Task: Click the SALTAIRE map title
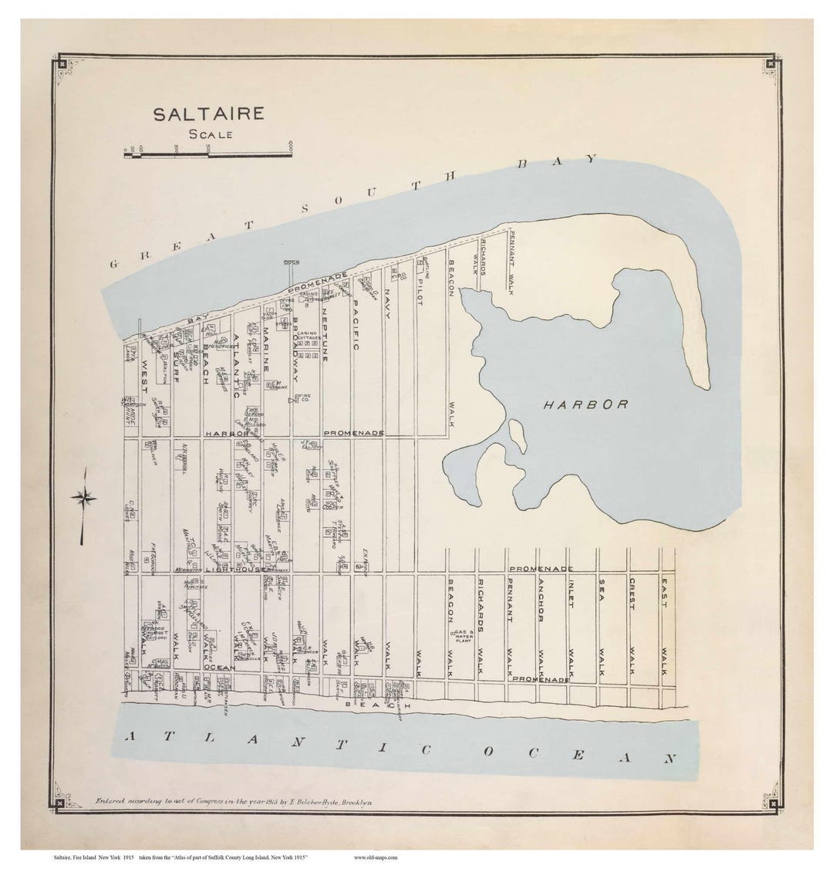pos(208,114)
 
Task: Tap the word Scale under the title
pos(209,134)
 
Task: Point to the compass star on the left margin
pos(83,498)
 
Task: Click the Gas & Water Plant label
pos(464,634)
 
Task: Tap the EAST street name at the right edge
pos(663,593)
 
